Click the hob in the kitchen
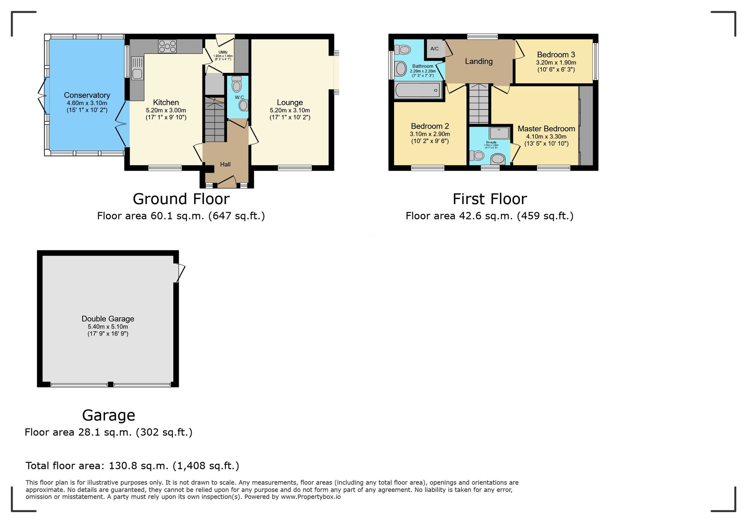167,46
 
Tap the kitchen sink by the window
137,68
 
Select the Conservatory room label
87,95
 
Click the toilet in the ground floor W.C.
237,84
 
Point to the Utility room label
223,52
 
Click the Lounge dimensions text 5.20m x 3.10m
290,110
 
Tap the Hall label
225,164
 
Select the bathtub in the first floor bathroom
418,90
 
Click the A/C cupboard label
434,49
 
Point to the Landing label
478,61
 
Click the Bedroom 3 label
556,55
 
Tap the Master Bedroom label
546,129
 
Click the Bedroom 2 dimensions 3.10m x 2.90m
430,134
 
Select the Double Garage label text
108,319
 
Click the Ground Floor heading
181,199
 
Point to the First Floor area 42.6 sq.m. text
489,216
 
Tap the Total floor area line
132,466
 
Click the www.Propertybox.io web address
311,497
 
